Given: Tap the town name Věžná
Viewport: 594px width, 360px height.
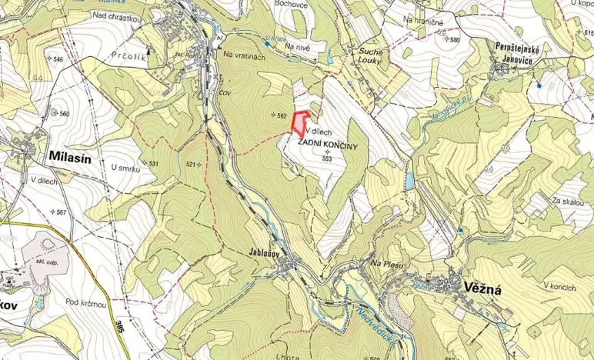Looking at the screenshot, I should tap(482, 288).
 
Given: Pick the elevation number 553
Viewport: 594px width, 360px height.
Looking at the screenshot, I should tap(327, 158).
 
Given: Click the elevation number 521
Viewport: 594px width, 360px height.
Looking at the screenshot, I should tap(193, 164).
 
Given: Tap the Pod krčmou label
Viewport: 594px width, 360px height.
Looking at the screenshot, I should tap(85, 302).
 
